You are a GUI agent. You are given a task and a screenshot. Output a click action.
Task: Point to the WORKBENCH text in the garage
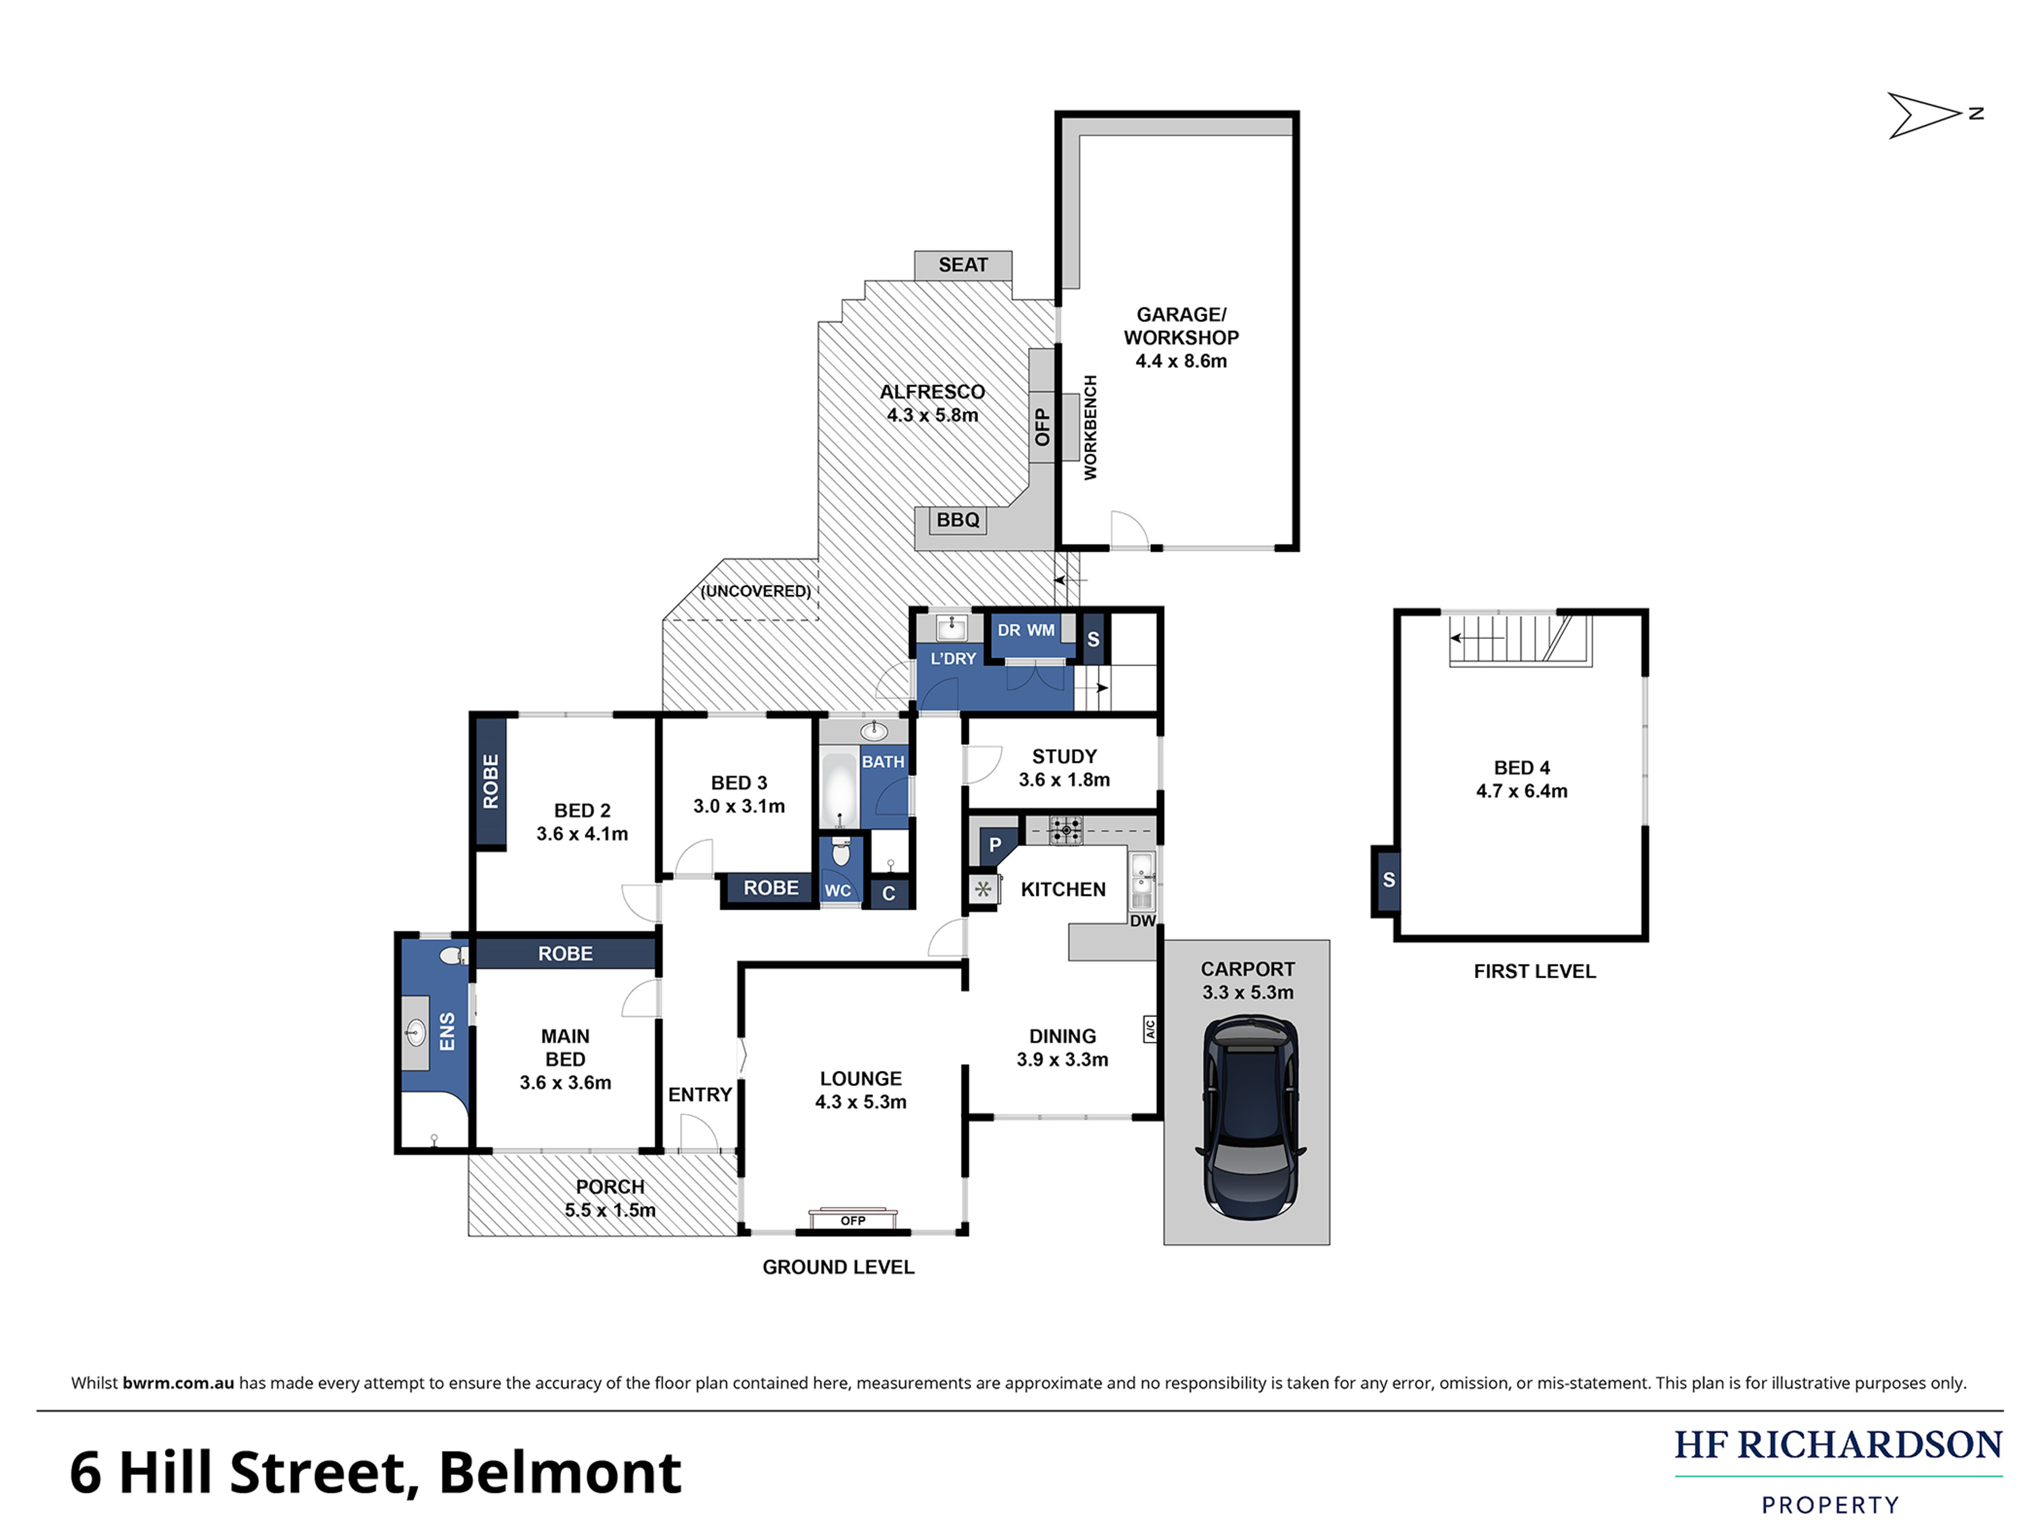pyautogui.click(x=1091, y=427)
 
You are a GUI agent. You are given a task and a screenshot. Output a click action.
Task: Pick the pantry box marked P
pyautogui.click(x=995, y=845)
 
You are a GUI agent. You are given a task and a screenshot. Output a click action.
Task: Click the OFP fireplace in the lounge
pyautogui.click(x=852, y=1219)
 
